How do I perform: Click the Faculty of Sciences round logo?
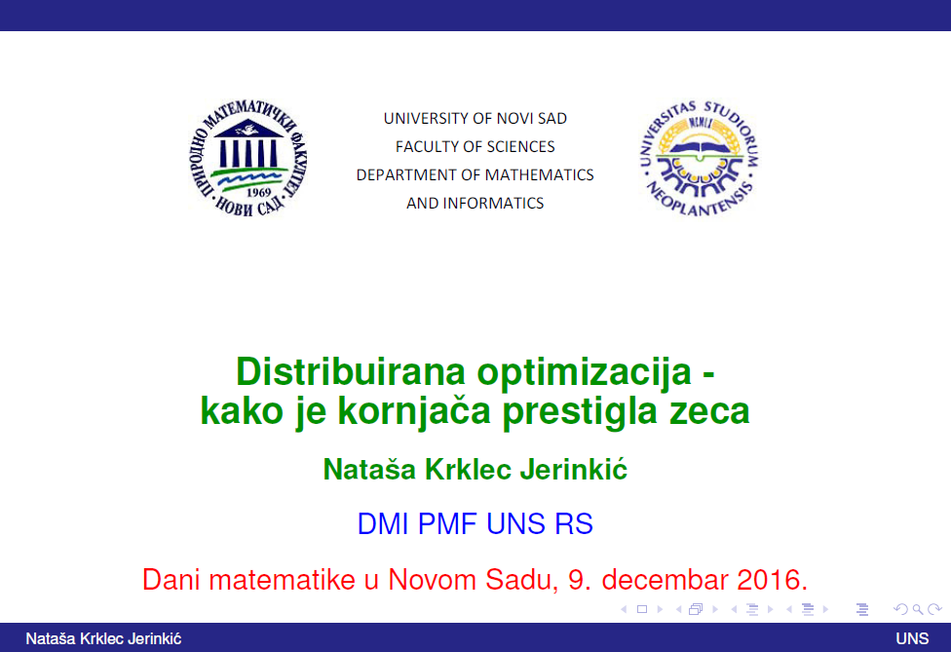(x=247, y=158)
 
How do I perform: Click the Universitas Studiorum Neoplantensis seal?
(x=700, y=158)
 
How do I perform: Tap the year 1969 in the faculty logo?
(x=258, y=192)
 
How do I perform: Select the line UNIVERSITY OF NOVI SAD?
(x=475, y=118)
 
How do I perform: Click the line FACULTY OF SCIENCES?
(x=475, y=147)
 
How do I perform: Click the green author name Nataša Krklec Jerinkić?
(x=475, y=470)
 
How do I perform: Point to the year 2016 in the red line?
(x=772, y=580)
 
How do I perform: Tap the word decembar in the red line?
(x=666, y=580)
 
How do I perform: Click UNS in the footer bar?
(x=912, y=638)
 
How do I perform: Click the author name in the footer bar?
(x=103, y=638)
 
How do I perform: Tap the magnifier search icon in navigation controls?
(x=918, y=609)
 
